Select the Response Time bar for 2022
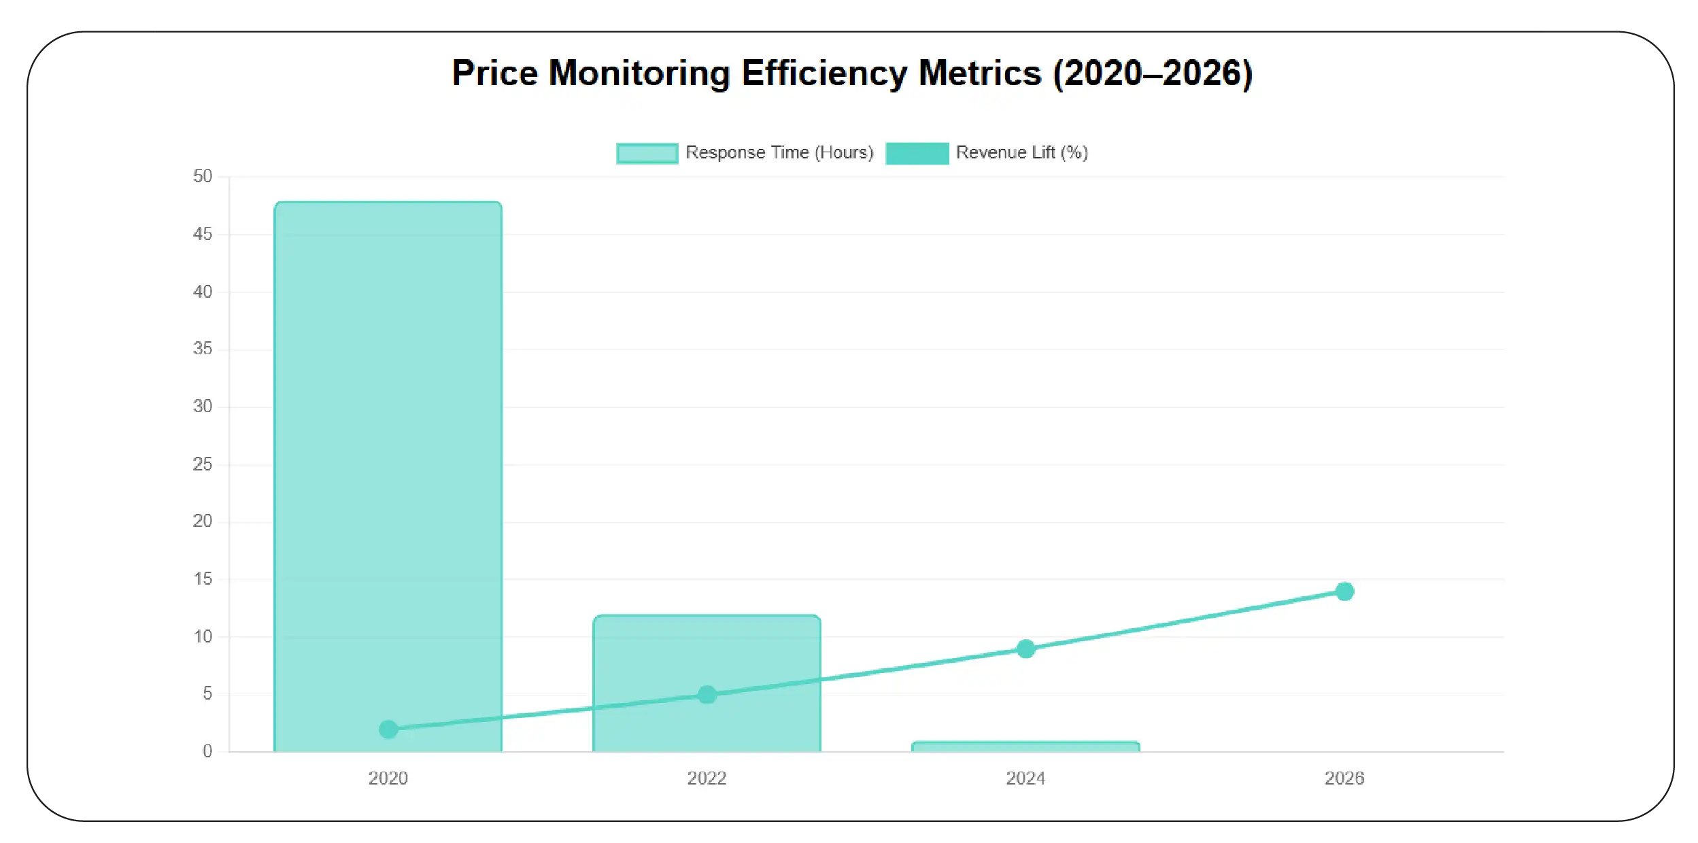click(x=707, y=653)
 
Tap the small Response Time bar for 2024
click(x=1025, y=746)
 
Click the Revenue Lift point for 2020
click(x=388, y=729)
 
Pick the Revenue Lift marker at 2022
click(x=707, y=695)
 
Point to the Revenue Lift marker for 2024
click(x=1025, y=649)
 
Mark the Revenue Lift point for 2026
click(x=1344, y=591)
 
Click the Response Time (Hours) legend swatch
click(x=647, y=153)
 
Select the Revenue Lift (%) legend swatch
click(x=917, y=153)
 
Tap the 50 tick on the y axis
click(x=203, y=176)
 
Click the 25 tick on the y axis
click(x=203, y=464)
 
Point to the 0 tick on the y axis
click(x=207, y=751)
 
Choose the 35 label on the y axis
click(x=203, y=349)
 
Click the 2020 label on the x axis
click(x=388, y=778)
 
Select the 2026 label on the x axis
click(x=1344, y=778)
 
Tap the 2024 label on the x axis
click(x=1025, y=778)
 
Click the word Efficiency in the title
click(x=823, y=73)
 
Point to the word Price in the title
click(x=494, y=73)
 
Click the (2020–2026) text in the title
click(x=1153, y=73)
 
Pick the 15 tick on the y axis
click(x=203, y=579)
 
